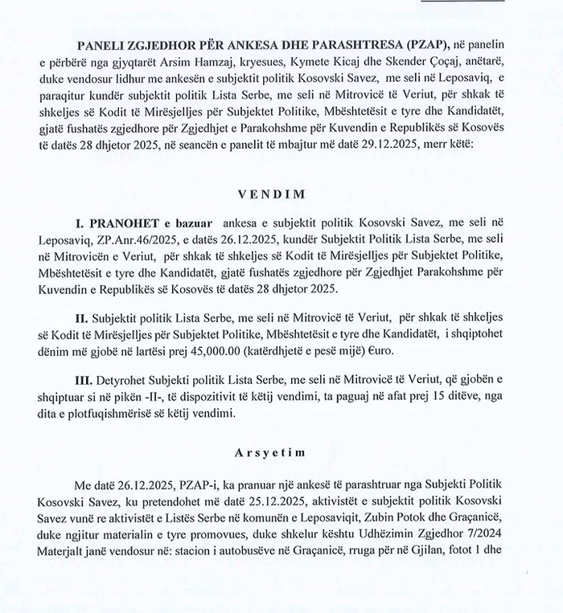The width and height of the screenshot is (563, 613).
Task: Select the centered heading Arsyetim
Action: (281, 453)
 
